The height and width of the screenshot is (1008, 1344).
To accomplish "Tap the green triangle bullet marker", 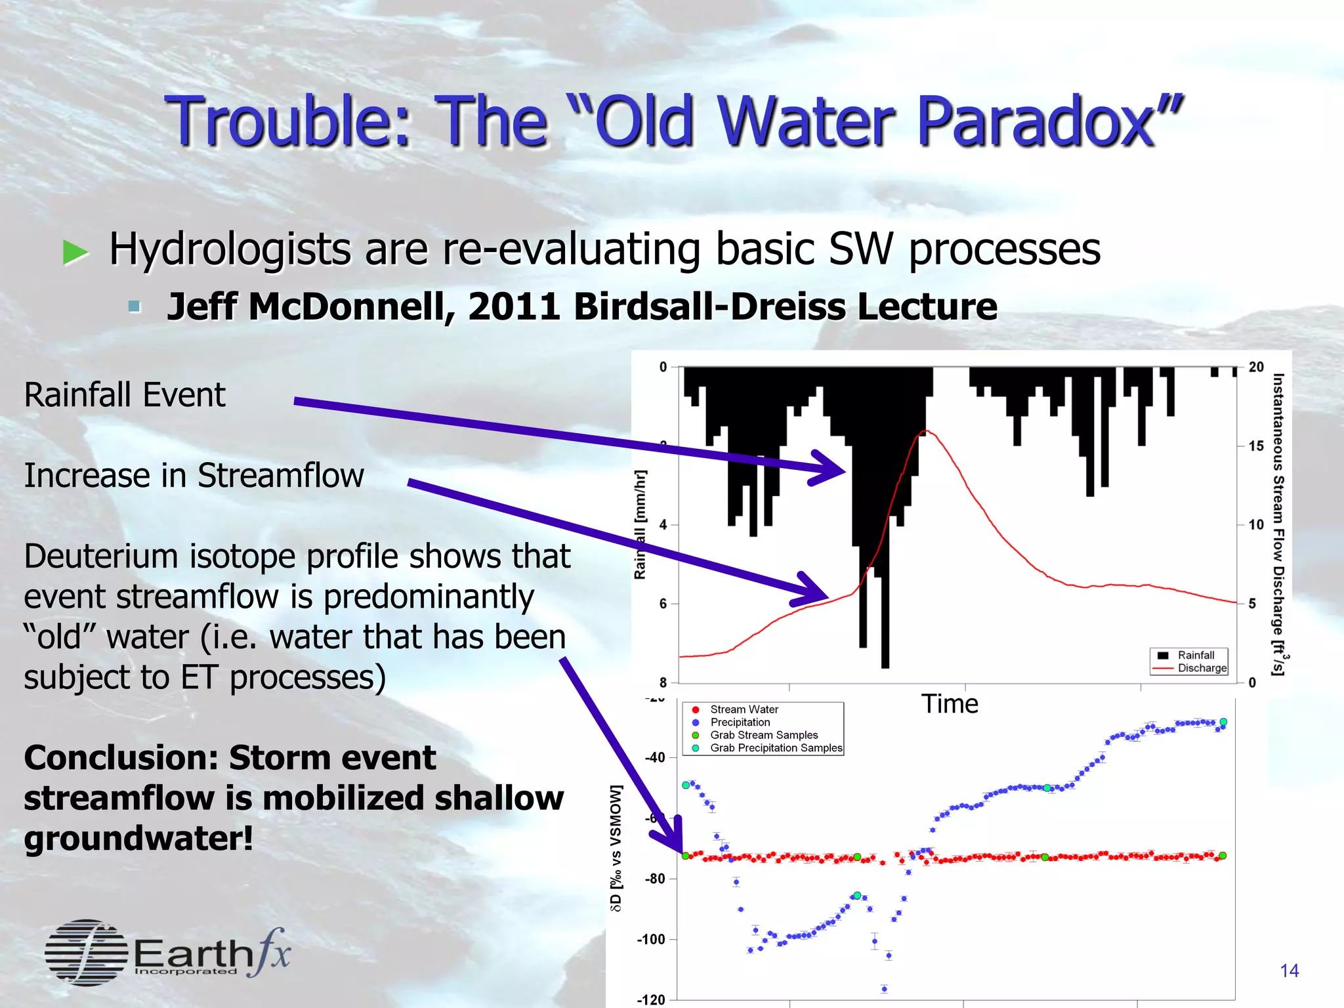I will pos(75,252).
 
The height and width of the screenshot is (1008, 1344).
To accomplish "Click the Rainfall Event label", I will pos(125,395).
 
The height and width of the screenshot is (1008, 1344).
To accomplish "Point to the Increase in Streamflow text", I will pos(194,476).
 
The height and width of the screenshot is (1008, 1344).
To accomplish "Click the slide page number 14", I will pos(1289,971).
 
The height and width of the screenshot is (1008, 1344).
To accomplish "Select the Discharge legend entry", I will pos(1201,668).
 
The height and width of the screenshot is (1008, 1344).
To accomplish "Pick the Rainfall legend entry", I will pos(1195,655).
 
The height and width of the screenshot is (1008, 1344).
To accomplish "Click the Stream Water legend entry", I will pos(744,709).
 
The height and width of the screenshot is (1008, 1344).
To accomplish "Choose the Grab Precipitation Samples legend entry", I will pos(776,748).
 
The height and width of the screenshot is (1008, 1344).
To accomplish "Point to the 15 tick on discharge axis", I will pos(1255,446).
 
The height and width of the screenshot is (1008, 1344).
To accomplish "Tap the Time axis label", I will pos(949,704).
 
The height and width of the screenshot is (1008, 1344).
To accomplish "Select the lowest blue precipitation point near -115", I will pos(884,988).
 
